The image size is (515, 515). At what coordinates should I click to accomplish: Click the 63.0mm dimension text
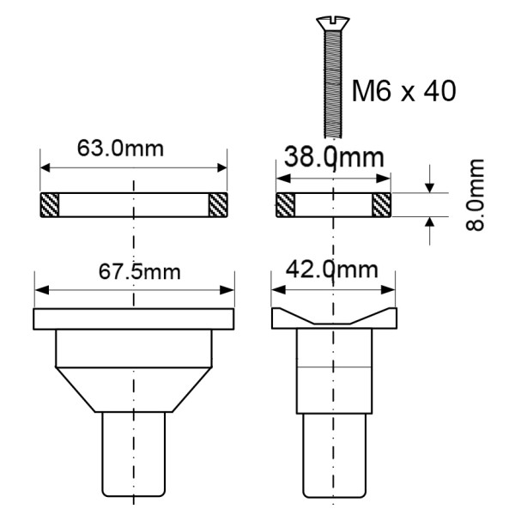click(x=133, y=148)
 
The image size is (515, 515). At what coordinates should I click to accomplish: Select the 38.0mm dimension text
click(x=333, y=159)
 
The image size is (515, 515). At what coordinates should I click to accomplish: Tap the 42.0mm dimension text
click(x=333, y=269)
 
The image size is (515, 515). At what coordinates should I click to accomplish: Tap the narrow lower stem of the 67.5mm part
click(x=133, y=455)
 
